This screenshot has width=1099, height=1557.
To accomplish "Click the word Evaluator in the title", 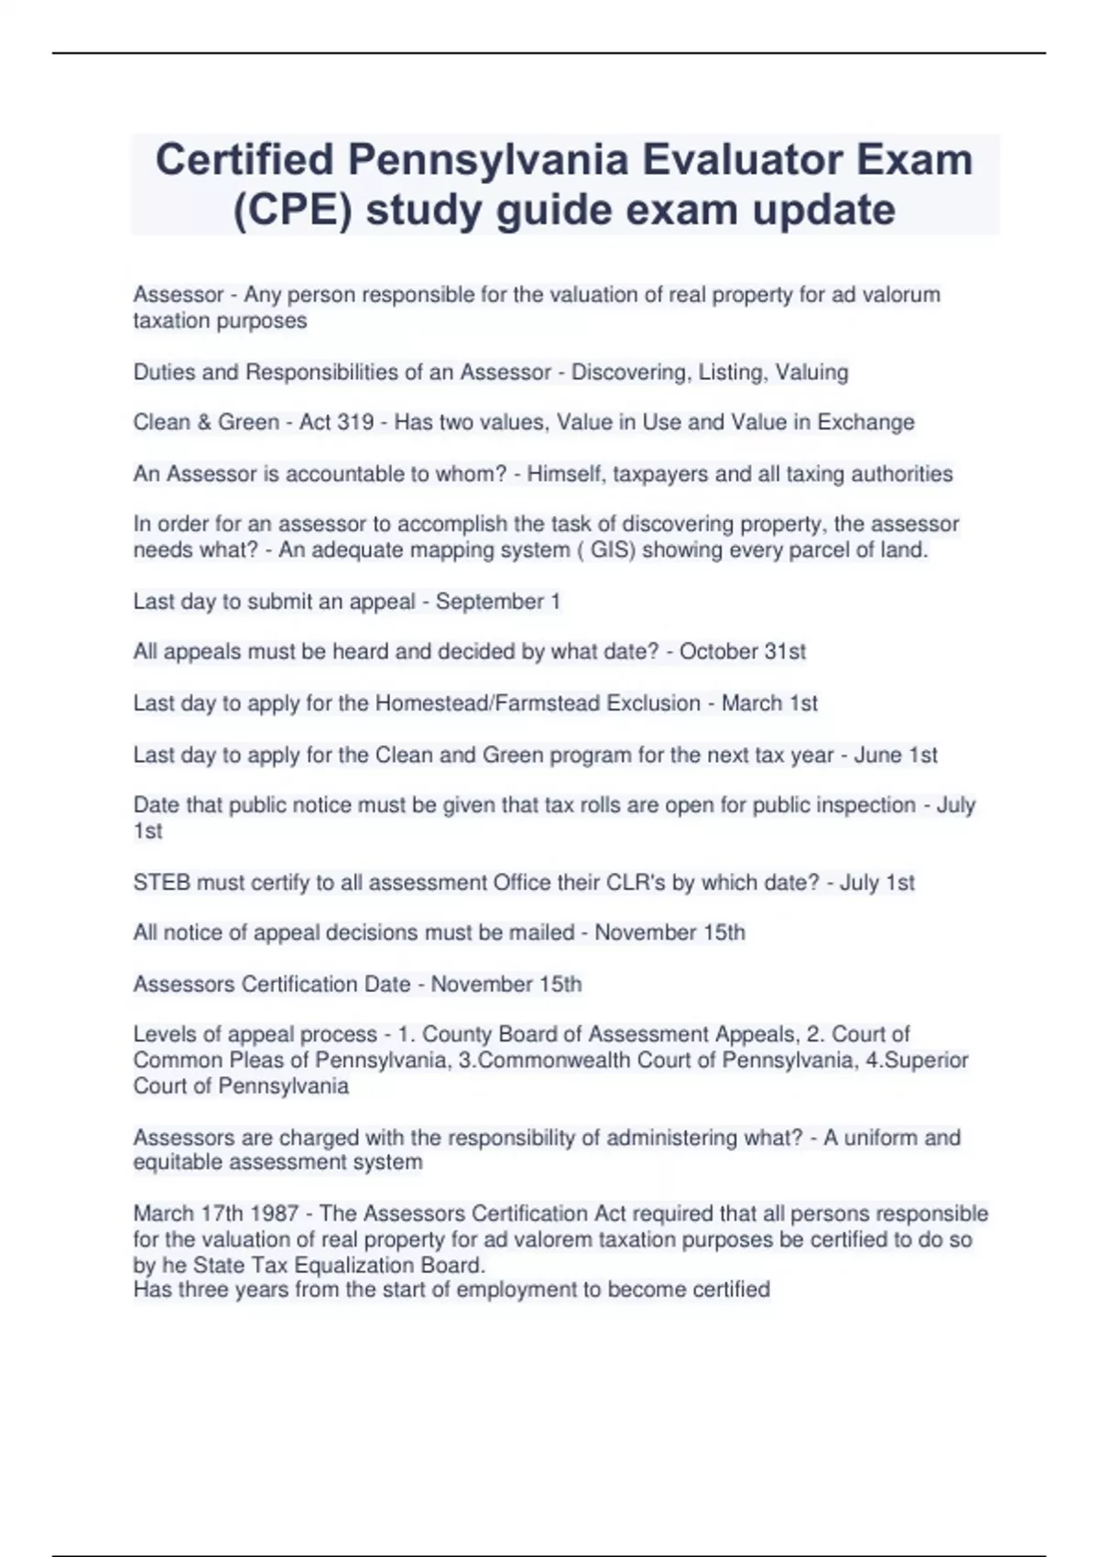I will (740, 160).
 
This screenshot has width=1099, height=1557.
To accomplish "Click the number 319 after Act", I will (355, 422).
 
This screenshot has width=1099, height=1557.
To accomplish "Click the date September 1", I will (497, 602).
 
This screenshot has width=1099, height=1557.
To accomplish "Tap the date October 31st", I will (742, 651).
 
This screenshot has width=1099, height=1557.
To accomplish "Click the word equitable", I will (175, 1162).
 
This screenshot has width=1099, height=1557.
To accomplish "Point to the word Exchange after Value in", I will (865, 422).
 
